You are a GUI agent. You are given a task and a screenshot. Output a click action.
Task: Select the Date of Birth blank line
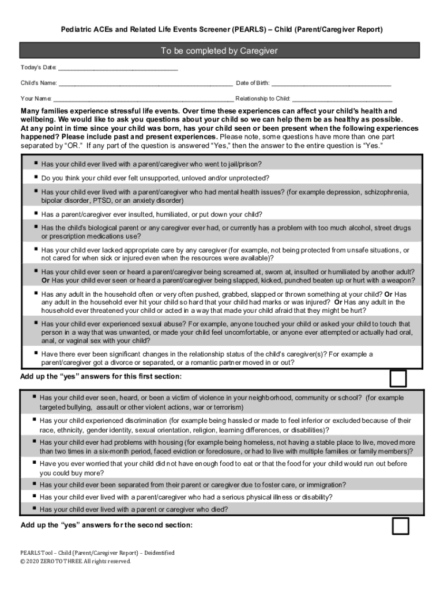[x=331, y=85]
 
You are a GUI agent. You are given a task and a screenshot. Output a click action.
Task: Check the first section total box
[x=398, y=378]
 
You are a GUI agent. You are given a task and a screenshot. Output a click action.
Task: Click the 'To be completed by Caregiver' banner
[x=219, y=51]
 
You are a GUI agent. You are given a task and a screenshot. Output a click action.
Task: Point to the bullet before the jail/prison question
[x=36, y=163]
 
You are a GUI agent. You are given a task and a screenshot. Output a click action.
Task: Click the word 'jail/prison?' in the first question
[x=243, y=164]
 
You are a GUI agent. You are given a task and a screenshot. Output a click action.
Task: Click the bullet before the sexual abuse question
[x=36, y=323]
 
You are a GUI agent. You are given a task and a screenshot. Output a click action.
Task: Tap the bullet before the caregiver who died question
[x=35, y=508]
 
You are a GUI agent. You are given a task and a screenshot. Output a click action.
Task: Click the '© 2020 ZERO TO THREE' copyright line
[x=76, y=561]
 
